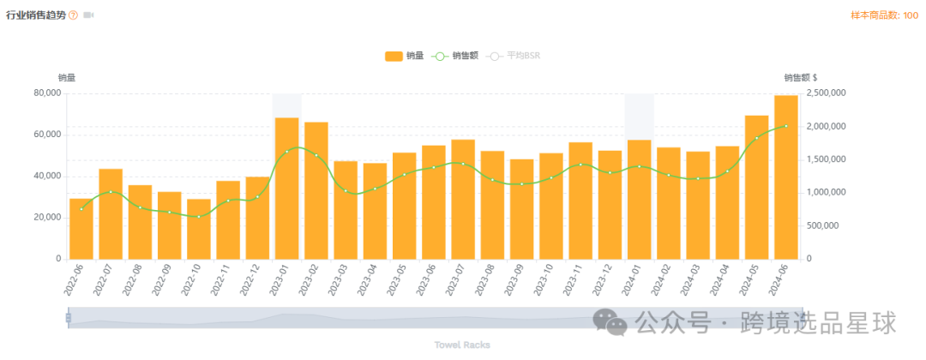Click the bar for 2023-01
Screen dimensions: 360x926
(286, 189)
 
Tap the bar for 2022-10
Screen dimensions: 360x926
(199, 229)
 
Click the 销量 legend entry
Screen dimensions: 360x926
(404, 56)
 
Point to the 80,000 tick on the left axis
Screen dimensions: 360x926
(47, 93)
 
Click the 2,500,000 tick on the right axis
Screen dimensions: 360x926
(827, 93)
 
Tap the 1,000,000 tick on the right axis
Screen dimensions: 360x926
(827, 193)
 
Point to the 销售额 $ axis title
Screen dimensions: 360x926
(800, 78)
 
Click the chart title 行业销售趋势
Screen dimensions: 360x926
(35, 15)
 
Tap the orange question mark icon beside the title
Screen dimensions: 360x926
(73, 15)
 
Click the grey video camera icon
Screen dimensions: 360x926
(88, 15)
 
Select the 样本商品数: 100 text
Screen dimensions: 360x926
(884, 15)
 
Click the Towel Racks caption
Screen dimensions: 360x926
(463, 345)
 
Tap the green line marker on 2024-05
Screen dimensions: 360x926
(757, 138)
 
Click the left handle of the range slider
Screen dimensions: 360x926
(69, 318)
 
